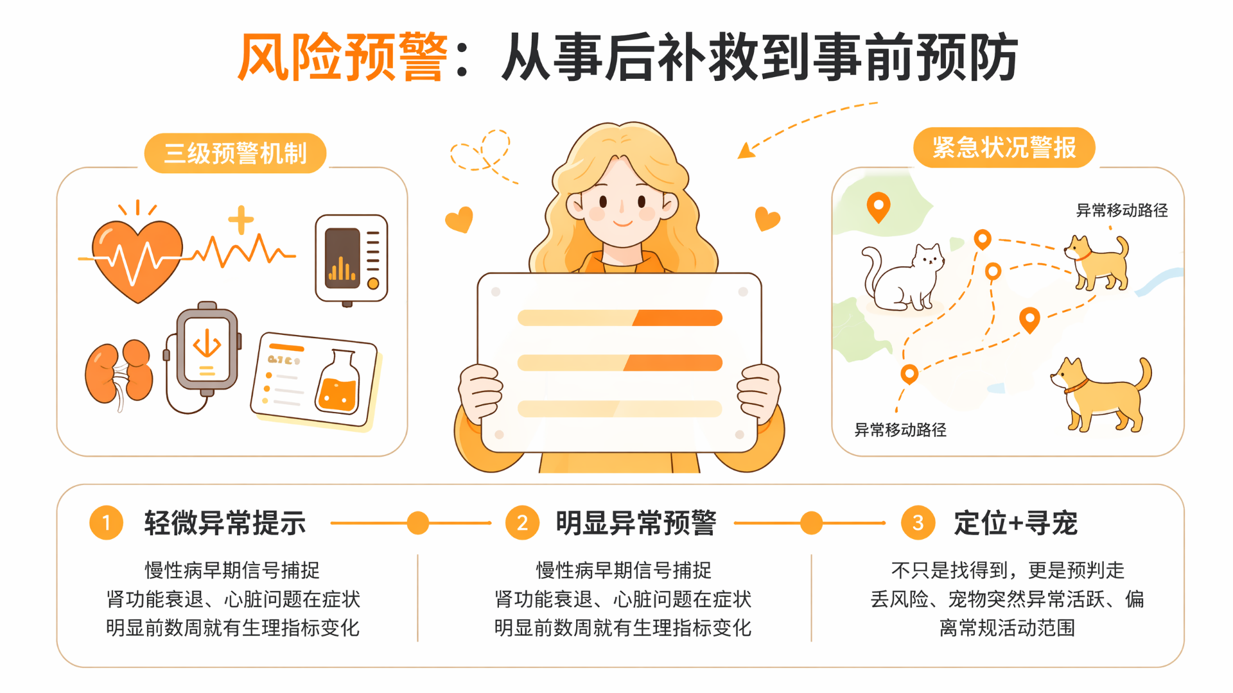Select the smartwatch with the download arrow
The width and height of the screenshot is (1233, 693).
206,350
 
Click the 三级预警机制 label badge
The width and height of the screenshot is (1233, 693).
236,153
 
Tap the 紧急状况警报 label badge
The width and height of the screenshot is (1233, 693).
1004,148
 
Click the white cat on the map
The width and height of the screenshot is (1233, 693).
902,278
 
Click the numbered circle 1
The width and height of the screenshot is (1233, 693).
107,523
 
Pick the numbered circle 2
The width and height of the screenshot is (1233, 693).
523,523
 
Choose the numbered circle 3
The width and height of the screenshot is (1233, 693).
918,523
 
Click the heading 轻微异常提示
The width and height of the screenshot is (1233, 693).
225,523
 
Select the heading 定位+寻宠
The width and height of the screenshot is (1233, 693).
1015,523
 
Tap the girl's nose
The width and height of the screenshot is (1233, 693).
621,207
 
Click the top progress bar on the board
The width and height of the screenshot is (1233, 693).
620,318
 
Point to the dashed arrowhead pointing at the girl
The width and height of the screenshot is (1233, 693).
746,151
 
